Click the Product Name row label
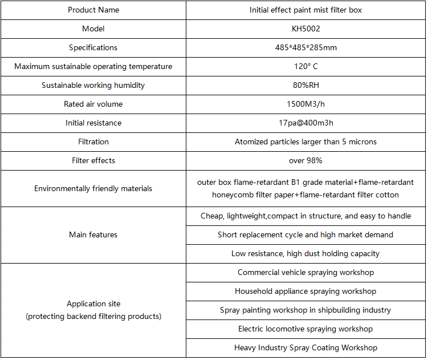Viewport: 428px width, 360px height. click(x=93, y=10)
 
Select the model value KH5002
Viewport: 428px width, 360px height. click(x=305, y=29)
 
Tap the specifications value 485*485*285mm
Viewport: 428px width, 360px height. click(x=305, y=47)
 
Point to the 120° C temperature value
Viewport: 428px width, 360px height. click(x=305, y=66)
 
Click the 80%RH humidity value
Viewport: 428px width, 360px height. click(x=305, y=85)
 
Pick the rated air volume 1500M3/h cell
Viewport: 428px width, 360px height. click(x=305, y=104)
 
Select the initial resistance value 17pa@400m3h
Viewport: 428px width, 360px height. click(x=305, y=123)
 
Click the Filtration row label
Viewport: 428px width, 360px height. click(x=93, y=141)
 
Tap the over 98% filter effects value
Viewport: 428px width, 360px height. click(x=305, y=160)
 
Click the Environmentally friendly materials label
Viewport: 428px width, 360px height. click(x=93, y=188)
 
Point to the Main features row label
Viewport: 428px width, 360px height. click(x=93, y=234)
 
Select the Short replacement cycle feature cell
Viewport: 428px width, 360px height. click(x=305, y=234)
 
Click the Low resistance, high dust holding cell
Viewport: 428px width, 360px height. click(x=305, y=253)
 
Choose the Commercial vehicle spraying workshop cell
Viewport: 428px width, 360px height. click(x=305, y=272)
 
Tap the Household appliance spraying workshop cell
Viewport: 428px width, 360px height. click(x=305, y=291)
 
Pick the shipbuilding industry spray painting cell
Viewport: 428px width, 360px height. click(x=305, y=310)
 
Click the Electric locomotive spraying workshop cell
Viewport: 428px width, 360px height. click(x=305, y=329)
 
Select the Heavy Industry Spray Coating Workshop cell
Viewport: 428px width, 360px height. click(x=305, y=347)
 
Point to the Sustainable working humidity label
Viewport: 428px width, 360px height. click(x=93, y=85)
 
